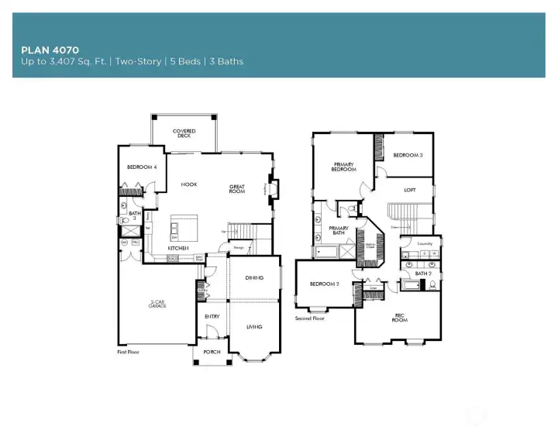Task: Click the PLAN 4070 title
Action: click(50, 50)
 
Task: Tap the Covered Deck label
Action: click(184, 133)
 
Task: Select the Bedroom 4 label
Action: click(142, 167)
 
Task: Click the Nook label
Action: click(188, 184)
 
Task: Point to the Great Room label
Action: click(237, 188)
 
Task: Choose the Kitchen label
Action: click(180, 249)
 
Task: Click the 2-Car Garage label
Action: click(157, 304)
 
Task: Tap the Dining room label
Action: click(254, 277)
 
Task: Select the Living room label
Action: click(254, 327)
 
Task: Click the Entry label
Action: click(212, 316)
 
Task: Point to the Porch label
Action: click(212, 352)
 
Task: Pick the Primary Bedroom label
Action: click(344, 167)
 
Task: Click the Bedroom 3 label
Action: click(408, 156)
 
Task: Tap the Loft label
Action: click(410, 190)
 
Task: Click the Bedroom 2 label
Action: click(325, 284)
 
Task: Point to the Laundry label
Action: click(424, 243)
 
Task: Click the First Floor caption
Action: click(129, 352)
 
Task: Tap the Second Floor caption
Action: click(310, 318)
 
